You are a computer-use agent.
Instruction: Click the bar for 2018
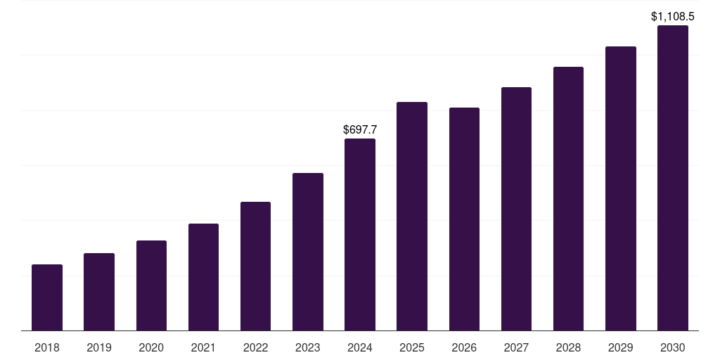pyautogui.click(x=47, y=297)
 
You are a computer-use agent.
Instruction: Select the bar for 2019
pyautogui.click(x=99, y=292)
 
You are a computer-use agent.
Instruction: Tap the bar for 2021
pyautogui.click(x=203, y=277)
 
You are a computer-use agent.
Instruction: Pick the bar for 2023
pyautogui.click(x=308, y=252)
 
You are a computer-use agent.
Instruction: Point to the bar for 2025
pyautogui.click(x=412, y=216)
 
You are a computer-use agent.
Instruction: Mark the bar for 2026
pyautogui.click(x=464, y=219)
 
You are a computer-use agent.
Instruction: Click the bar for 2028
pyautogui.click(x=568, y=198)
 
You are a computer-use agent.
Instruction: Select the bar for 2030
pyautogui.click(x=672, y=178)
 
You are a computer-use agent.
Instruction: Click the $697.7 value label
pyautogui.click(x=360, y=129)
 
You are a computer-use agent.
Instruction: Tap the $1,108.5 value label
pyautogui.click(x=672, y=16)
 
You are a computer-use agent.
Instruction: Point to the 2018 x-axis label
pyautogui.click(x=47, y=347)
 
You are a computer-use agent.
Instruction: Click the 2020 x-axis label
pyautogui.click(x=151, y=347)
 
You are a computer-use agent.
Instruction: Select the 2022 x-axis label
pyautogui.click(x=255, y=347)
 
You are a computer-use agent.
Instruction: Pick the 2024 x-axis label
pyautogui.click(x=360, y=347)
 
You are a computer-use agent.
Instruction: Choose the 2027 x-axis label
pyautogui.click(x=516, y=347)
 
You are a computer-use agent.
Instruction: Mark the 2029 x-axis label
pyautogui.click(x=620, y=347)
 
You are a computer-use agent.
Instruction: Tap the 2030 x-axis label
pyautogui.click(x=672, y=347)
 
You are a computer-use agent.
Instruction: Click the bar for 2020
pyautogui.click(x=151, y=285)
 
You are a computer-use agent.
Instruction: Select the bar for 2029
pyautogui.click(x=620, y=188)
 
